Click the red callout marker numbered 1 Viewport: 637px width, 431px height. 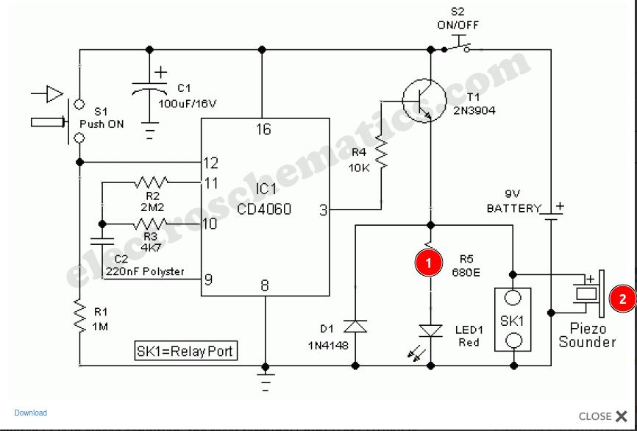coord(428,262)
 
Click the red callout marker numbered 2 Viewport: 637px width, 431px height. coord(622,299)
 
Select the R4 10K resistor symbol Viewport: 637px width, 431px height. coord(381,152)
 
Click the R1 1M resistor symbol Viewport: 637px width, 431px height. coord(79,316)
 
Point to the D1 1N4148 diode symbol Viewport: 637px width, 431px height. coord(356,326)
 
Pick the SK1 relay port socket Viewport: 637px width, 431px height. coord(513,319)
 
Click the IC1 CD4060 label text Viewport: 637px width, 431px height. coord(263,199)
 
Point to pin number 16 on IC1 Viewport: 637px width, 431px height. coord(263,129)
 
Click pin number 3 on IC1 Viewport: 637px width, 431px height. coord(323,210)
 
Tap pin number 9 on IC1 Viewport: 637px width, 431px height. coord(209,279)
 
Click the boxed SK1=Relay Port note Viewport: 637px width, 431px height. coord(186,351)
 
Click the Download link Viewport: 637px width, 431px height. coord(30,413)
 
